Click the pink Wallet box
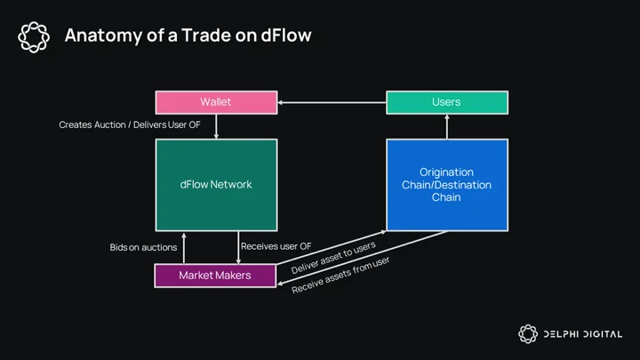(216, 102)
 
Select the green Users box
(447, 102)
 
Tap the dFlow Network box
(216, 185)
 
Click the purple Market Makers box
(215, 276)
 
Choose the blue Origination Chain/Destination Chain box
(447, 185)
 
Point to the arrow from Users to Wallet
(332, 102)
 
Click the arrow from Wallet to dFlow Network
(216, 126)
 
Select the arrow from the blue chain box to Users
(447, 126)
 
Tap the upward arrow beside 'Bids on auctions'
(184, 248)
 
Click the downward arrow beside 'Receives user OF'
(238, 247)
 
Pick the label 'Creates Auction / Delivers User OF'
(130, 125)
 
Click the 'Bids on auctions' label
(143, 247)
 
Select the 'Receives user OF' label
(276, 246)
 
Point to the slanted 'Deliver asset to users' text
(333, 258)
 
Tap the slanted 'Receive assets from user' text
(340, 275)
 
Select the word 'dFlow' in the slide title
(286, 35)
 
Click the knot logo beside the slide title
(34, 37)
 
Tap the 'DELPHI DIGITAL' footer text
(583, 334)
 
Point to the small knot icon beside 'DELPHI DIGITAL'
(528, 334)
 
